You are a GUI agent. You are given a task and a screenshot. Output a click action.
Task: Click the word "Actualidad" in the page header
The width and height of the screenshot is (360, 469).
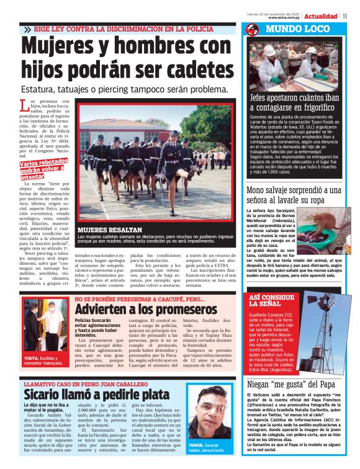click(321, 16)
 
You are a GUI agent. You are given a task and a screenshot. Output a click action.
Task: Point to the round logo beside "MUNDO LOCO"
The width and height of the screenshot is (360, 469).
click(251, 30)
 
